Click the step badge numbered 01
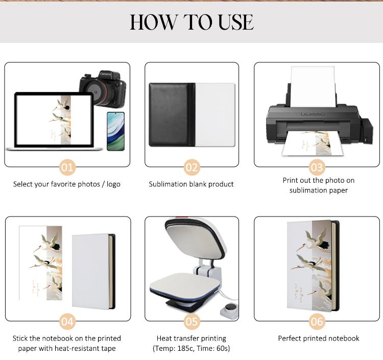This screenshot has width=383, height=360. (x=67, y=167)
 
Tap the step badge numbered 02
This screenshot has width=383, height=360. (x=192, y=167)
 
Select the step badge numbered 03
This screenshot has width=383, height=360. (x=317, y=167)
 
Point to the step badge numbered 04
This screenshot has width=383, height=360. (x=67, y=321)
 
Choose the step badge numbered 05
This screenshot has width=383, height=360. (x=192, y=321)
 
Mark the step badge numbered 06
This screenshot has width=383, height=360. (x=317, y=321)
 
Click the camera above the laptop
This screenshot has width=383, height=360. (x=103, y=89)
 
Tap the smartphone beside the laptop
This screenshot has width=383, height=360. (x=116, y=131)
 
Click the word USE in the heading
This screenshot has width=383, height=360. (x=236, y=22)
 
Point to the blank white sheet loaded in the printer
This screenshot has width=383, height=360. (x=313, y=86)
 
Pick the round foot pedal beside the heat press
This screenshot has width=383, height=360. (x=230, y=310)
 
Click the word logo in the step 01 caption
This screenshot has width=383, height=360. (x=113, y=184)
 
